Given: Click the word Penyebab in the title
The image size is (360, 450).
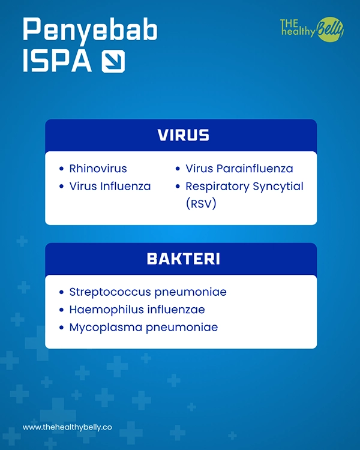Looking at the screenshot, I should tap(90, 30).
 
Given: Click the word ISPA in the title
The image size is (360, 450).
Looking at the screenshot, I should tap(57, 61).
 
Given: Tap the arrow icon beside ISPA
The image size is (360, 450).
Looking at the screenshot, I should tap(113, 61).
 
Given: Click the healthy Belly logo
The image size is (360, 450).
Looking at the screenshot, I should tap(312, 29).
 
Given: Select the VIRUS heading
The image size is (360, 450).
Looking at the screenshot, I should tap(183, 135).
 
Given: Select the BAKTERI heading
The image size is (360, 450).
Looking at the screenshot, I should tap(183, 259).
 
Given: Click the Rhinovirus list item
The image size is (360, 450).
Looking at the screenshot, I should tap(98, 169).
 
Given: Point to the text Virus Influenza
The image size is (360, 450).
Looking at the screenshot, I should tap(110, 187).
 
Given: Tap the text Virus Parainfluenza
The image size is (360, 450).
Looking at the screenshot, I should tap(239, 169).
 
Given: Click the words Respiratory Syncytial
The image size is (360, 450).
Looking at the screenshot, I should tap(244, 187).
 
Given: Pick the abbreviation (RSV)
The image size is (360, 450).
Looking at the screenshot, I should tap(201, 204).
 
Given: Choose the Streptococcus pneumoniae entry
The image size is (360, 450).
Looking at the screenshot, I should tap(148, 292).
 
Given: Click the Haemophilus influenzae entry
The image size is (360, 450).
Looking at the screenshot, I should tap(137, 310).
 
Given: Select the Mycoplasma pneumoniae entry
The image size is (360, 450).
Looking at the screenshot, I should tap(143, 328).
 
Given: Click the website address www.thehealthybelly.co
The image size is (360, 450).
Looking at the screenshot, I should tap(67, 428).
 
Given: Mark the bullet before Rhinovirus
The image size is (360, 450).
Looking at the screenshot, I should tap(61, 169).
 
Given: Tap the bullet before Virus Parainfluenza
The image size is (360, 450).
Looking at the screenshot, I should tap(178, 169).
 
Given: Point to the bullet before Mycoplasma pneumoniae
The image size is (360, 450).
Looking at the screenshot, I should tap(61, 328).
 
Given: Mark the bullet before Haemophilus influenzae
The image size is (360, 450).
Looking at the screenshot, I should tap(61, 310).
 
